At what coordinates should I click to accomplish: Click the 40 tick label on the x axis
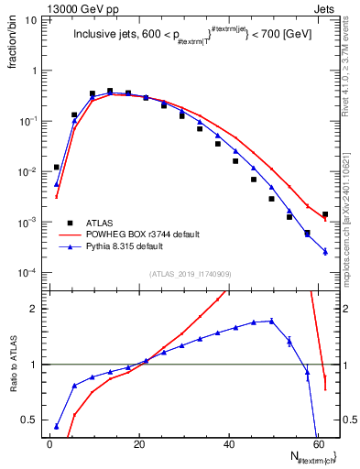228,444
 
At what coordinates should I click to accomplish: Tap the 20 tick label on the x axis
139,444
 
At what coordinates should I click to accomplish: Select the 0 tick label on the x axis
49,444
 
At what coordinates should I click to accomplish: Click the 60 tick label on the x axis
318,444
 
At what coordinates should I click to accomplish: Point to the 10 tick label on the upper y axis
32,19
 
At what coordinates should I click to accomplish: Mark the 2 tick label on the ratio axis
32,309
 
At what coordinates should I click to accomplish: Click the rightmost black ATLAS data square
325,214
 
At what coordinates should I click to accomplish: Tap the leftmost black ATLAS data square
57,167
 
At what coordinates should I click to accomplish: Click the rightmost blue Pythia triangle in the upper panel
325,252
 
